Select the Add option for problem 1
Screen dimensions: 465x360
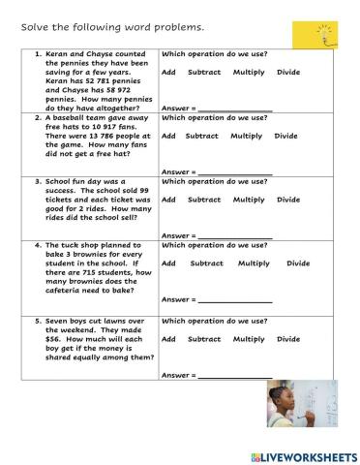(x=168, y=73)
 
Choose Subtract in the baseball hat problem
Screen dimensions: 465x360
(x=202, y=136)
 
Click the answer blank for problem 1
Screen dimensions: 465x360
(x=235, y=108)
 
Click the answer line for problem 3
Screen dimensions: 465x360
(x=235, y=235)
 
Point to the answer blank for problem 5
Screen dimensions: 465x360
(x=235, y=375)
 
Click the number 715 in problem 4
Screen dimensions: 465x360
(x=75, y=273)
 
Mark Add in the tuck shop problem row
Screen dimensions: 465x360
(x=168, y=263)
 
